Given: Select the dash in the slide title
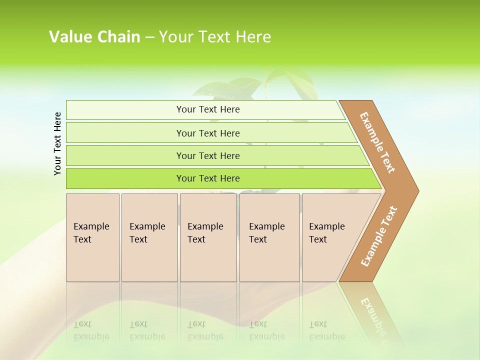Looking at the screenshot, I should click(x=149, y=37).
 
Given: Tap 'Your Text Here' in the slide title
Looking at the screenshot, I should click(x=215, y=37).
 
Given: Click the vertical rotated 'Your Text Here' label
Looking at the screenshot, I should click(x=57, y=143).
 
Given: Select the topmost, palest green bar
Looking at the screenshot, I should click(x=207, y=109).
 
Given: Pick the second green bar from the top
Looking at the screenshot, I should click(x=207, y=133).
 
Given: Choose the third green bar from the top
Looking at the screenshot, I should click(x=207, y=155).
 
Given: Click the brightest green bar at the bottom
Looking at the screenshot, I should click(x=207, y=178).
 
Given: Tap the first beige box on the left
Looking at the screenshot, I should click(x=92, y=237).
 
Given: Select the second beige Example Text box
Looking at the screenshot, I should click(x=149, y=237).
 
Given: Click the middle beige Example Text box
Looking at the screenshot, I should click(x=208, y=237).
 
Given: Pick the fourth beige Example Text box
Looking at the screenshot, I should click(x=269, y=237).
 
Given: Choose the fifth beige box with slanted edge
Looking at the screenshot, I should click(x=330, y=237).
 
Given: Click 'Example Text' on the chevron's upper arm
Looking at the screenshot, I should click(x=377, y=142).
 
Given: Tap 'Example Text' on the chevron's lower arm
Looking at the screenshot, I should click(x=379, y=236).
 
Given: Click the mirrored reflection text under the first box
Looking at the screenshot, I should click(x=91, y=330).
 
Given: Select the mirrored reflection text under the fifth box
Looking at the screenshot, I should click(x=327, y=330).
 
